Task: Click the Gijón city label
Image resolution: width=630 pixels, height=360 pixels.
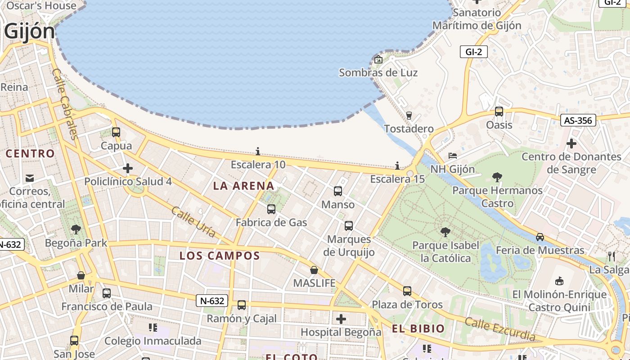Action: [x=29, y=31]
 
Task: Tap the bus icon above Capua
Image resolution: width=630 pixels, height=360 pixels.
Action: [x=116, y=132]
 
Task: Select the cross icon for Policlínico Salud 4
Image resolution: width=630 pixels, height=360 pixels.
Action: [x=128, y=169]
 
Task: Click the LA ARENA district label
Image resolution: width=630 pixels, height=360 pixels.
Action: [x=243, y=186]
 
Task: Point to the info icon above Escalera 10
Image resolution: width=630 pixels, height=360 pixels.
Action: [x=258, y=151]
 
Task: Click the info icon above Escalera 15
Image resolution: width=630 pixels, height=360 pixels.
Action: [x=397, y=166]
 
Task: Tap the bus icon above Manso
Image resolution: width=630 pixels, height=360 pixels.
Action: [x=338, y=191]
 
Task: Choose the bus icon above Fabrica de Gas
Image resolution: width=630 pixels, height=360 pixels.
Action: [x=271, y=209]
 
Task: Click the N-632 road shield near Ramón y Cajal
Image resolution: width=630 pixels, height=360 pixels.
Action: [x=212, y=301]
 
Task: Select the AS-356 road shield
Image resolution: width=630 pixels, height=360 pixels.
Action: [x=578, y=120]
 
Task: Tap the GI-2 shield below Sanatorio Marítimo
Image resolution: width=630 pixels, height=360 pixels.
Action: [x=473, y=52]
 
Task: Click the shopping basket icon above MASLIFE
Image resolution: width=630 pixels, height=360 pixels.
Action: [x=314, y=270]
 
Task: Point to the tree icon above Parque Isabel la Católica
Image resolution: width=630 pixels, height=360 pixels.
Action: [x=445, y=232]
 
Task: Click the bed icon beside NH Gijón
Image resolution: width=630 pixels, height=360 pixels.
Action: [x=453, y=156]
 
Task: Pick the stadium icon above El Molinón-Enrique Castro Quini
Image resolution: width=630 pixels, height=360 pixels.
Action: [x=559, y=281]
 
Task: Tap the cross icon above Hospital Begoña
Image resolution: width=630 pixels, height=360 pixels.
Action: [x=341, y=319]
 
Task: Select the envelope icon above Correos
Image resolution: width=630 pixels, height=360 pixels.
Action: [x=30, y=178]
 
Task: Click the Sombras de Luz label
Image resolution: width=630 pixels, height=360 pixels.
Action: [x=378, y=73]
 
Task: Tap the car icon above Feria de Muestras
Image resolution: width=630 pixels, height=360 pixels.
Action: [x=540, y=237]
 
